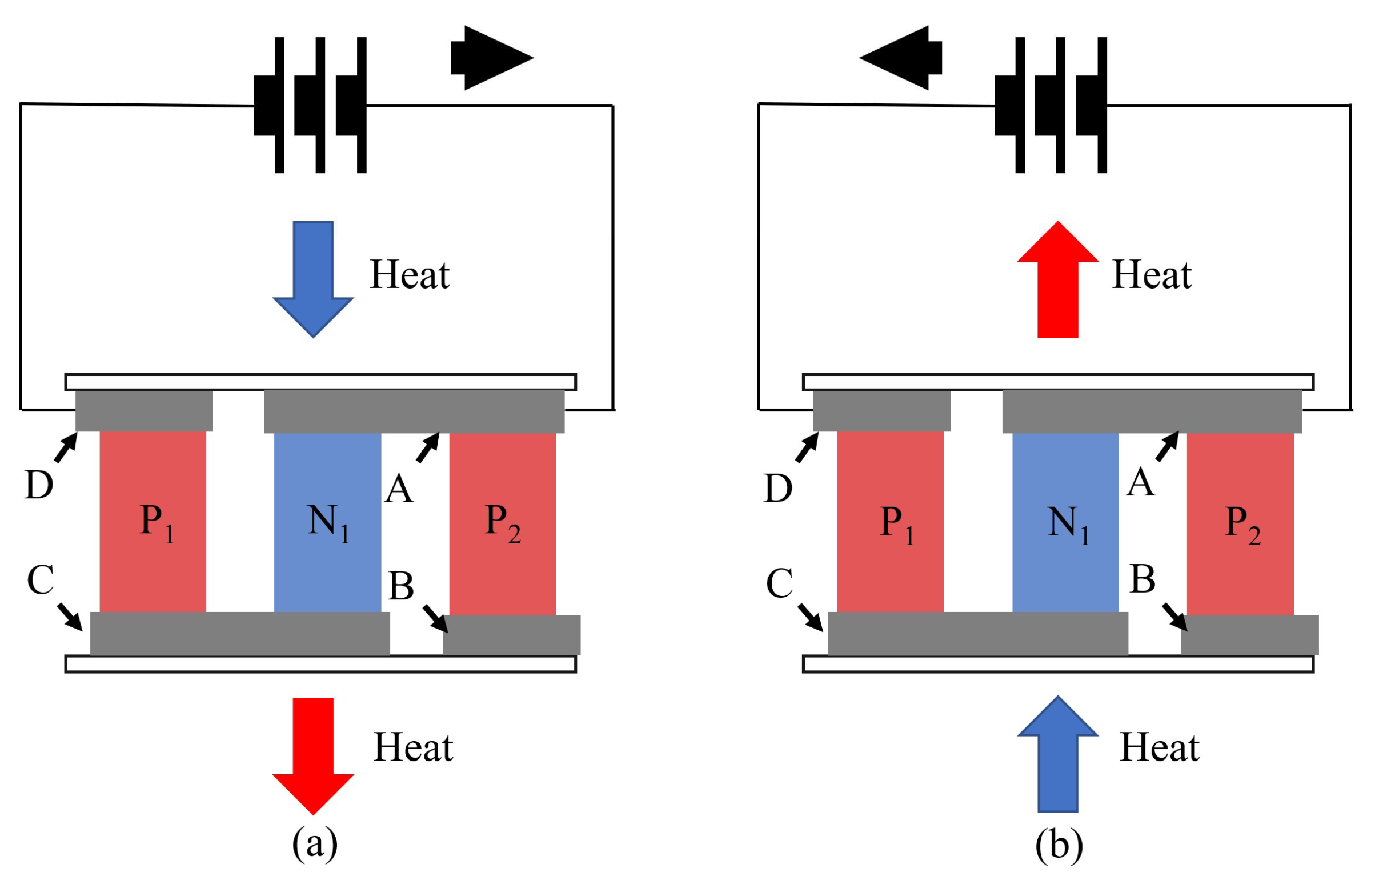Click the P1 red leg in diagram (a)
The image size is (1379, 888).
[153, 522]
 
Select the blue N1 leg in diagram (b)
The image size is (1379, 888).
[1065, 522]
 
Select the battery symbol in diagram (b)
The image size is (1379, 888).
[1051, 105]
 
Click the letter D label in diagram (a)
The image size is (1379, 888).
[39, 485]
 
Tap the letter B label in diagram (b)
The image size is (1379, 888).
[1142, 578]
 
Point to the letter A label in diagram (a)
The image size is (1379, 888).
[399, 489]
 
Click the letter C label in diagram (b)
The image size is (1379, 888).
[779, 583]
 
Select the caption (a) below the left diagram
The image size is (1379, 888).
[315, 843]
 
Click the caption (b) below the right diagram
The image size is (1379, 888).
[1059, 845]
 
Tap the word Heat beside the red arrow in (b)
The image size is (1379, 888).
[1152, 274]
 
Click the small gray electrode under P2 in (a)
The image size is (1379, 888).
[511, 635]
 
